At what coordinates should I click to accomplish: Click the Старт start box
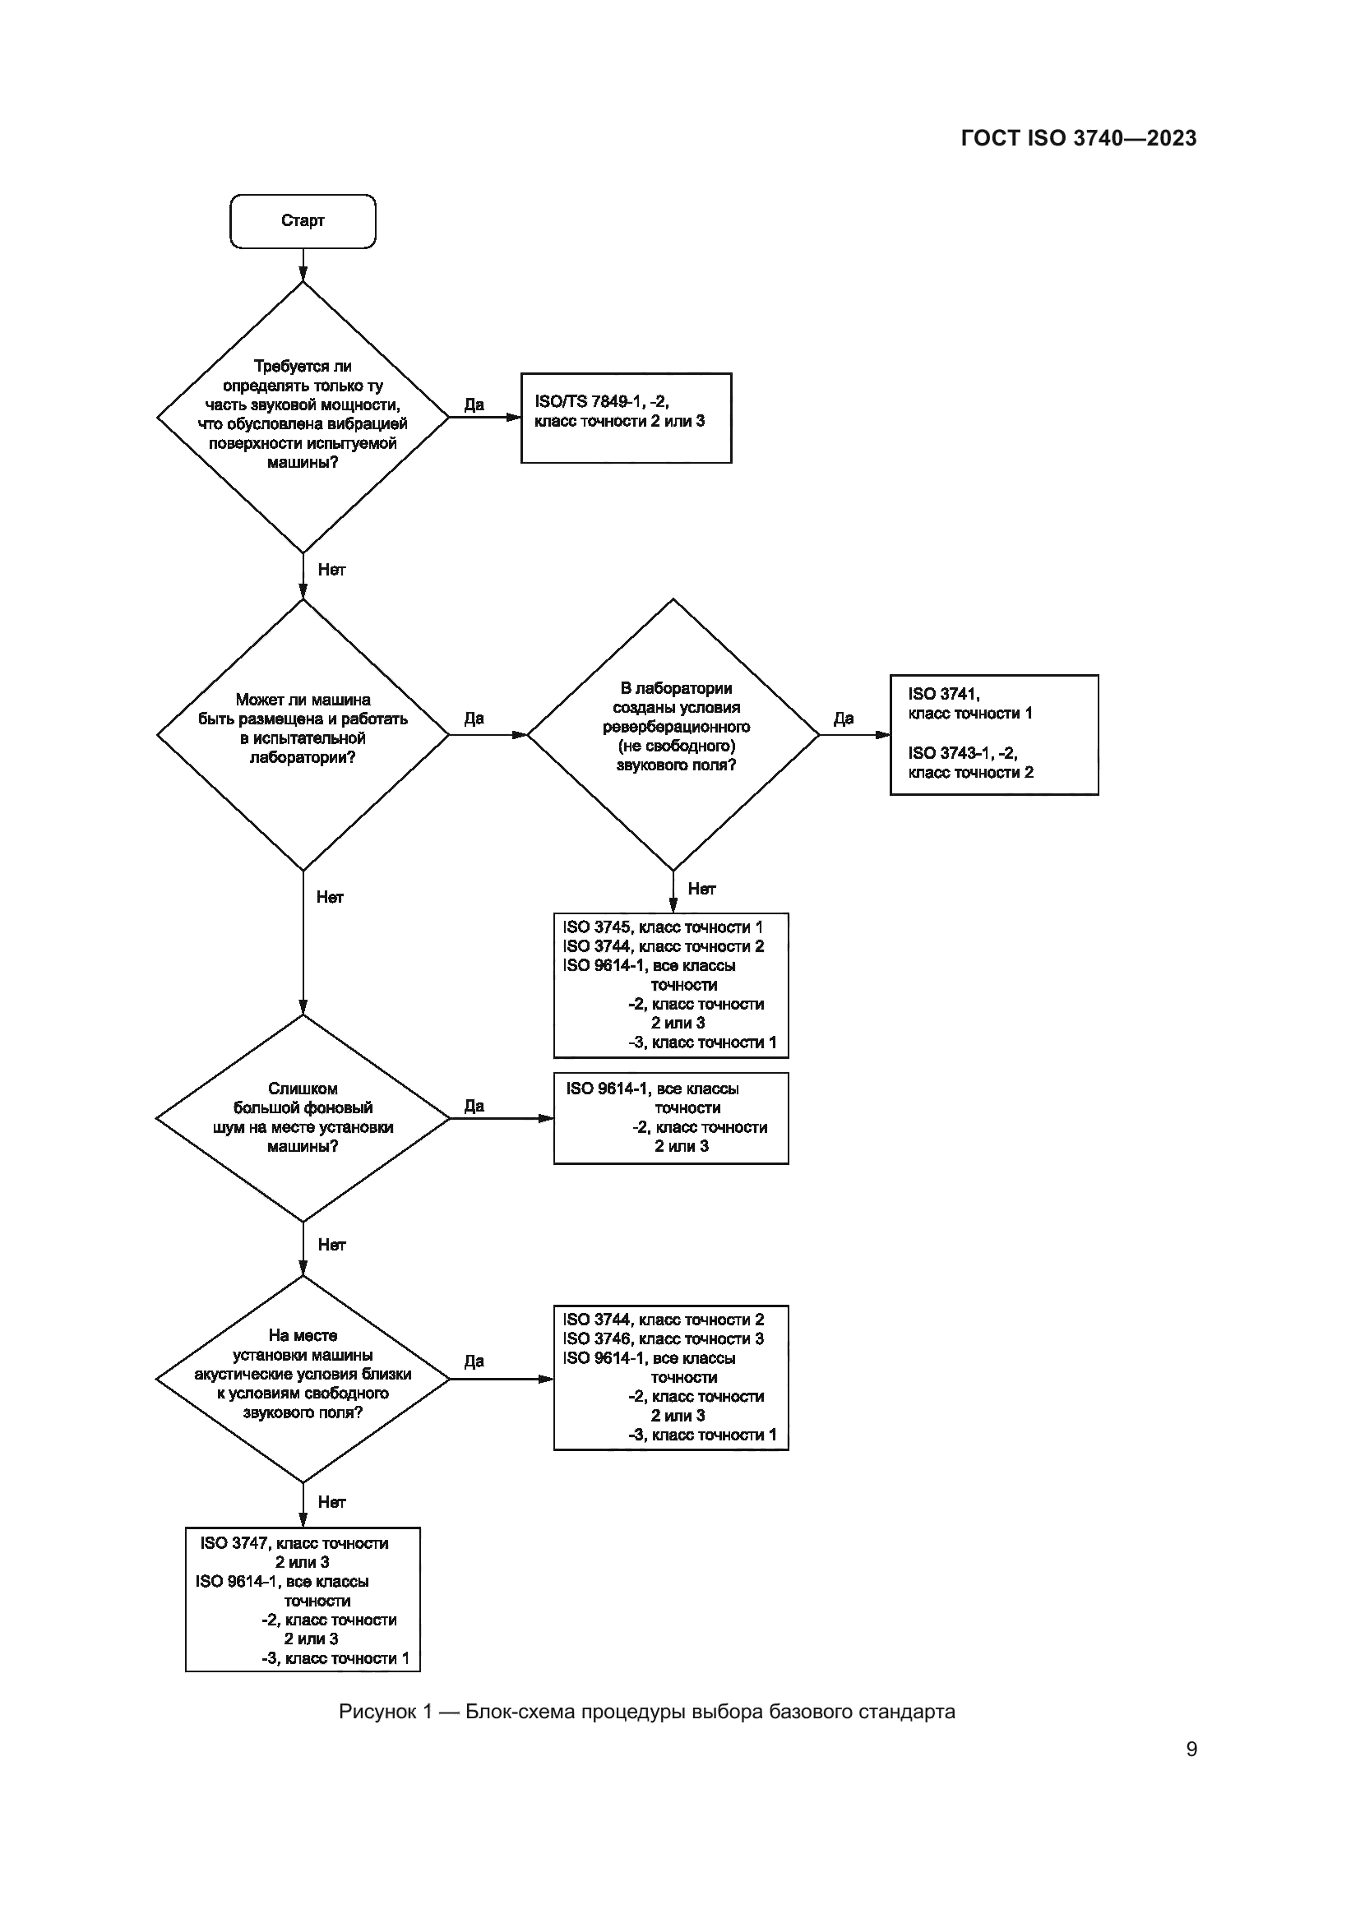tap(303, 221)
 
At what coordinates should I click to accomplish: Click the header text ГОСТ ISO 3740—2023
tap(1079, 139)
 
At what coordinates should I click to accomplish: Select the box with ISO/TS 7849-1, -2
tap(626, 418)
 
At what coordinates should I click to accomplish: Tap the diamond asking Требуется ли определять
tap(303, 416)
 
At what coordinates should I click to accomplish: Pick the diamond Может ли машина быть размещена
tap(303, 734)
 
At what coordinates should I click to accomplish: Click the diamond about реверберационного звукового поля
tap(673, 734)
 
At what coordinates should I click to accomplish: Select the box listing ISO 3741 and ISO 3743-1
tap(994, 734)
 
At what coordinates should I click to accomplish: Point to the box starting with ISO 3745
tap(671, 985)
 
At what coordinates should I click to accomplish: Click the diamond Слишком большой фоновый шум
tap(303, 1118)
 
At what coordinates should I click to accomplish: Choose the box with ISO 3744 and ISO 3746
tap(671, 1378)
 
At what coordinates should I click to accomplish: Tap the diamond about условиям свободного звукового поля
tap(303, 1378)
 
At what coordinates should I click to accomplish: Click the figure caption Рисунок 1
tap(646, 1712)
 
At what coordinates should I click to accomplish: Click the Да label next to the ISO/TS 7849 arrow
tap(474, 405)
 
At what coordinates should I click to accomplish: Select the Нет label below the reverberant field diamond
tap(701, 890)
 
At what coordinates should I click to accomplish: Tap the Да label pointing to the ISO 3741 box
tap(844, 719)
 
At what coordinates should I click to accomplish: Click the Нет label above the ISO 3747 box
tap(331, 1503)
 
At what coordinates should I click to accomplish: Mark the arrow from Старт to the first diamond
tap(303, 266)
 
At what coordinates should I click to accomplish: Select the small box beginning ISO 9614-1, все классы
tap(671, 1118)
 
